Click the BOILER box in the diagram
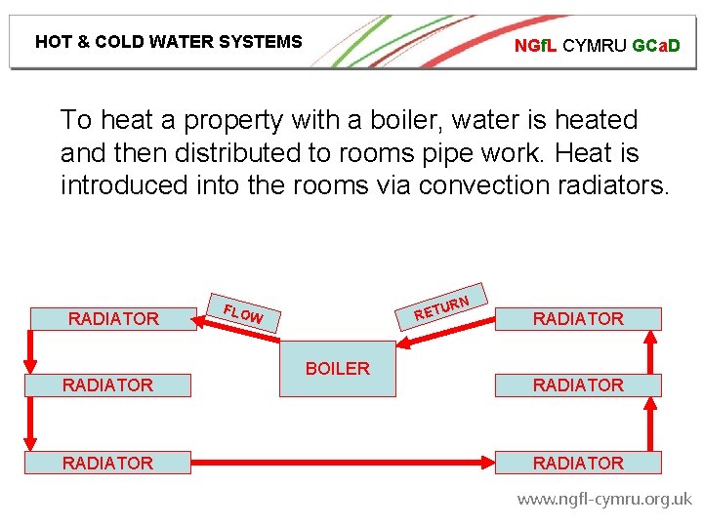(x=338, y=368)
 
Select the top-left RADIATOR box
(x=113, y=318)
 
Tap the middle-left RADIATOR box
(x=107, y=385)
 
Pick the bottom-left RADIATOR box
(x=107, y=463)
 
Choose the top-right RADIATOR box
(x=578, y=318)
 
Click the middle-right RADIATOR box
(x=578, y=385)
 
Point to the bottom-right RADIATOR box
(x=578, y=463)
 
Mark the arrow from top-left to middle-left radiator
(x=29, y=351)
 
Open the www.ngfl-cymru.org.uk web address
(x=603, y=499)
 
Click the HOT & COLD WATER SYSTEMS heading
(x=168, y=42)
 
